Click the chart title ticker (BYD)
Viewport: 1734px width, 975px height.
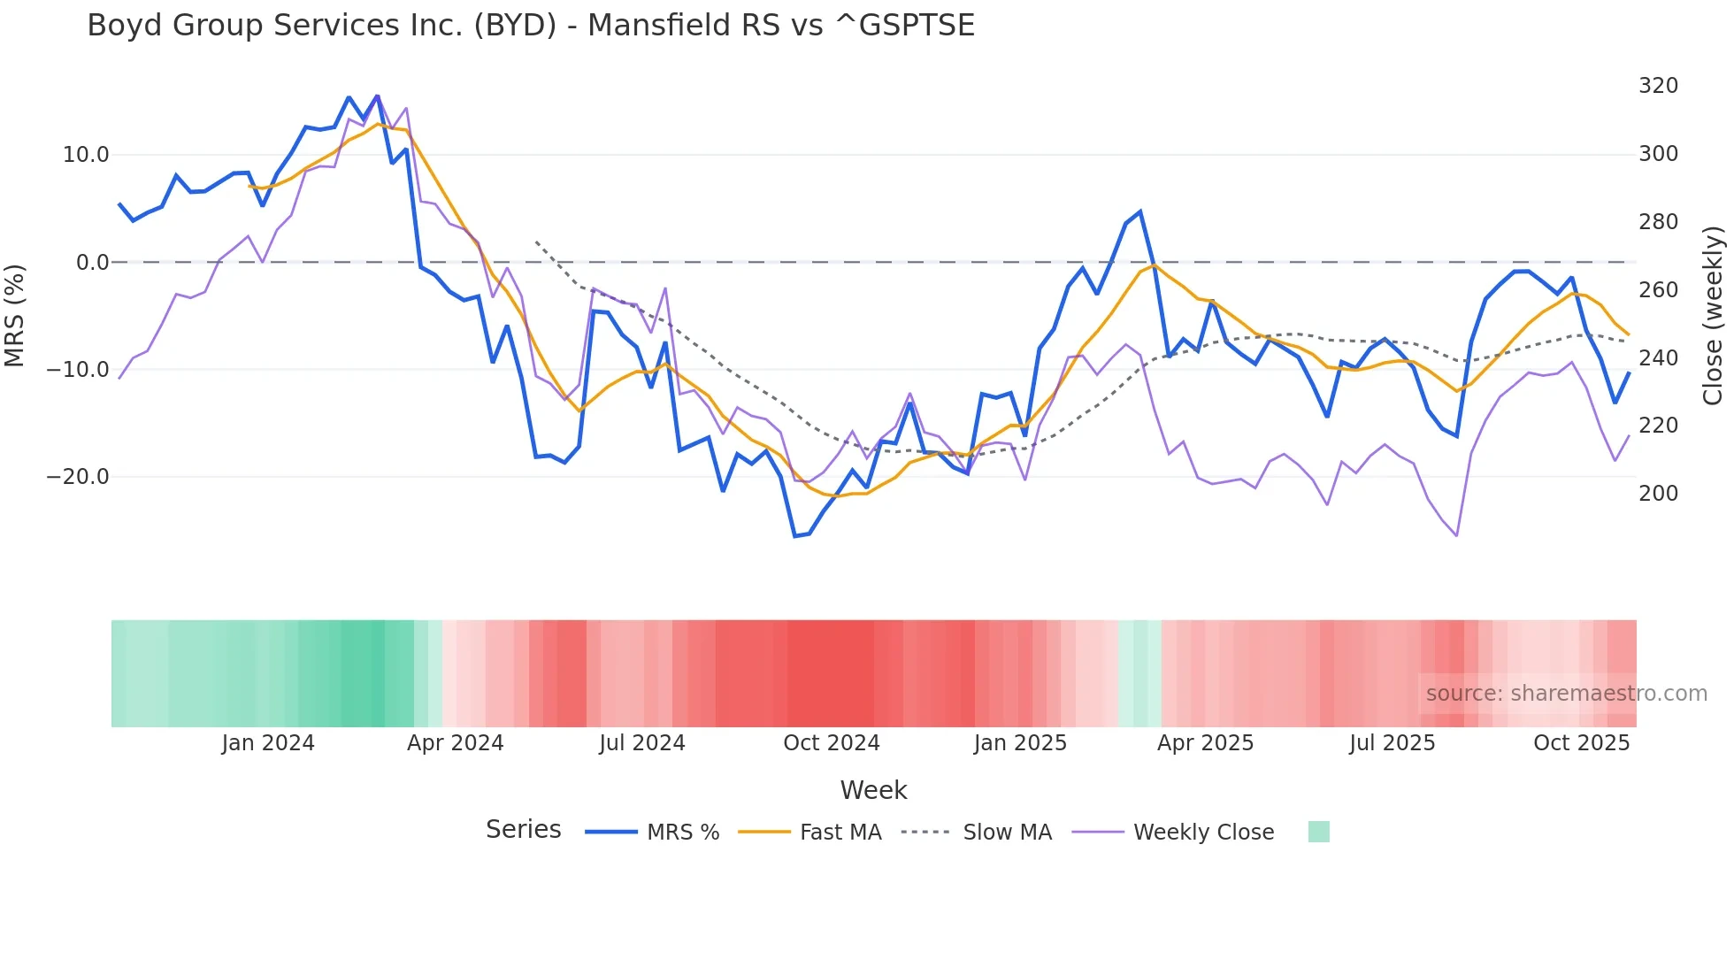[515, 26]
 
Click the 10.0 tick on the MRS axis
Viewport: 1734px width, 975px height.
[86, 155]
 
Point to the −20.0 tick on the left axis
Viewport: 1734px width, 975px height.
[79, 477]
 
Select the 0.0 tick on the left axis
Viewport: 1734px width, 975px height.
[93, 263]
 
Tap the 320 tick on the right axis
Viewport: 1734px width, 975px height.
[1658, 86]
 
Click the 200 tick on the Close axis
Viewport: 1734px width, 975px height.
[1658, 494]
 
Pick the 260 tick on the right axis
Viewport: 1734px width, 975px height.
[1658, 290]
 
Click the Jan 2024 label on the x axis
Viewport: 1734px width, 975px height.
[268, 743]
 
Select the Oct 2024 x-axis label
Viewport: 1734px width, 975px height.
[832, 743]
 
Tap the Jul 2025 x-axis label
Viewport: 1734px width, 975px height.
[1392, 743]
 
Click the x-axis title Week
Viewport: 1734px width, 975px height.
[873, 790]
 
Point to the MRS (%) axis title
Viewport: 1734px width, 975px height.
[15, 315]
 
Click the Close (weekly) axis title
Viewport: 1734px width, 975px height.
[1713, 316]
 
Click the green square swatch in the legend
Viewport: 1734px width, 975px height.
[1318, 832]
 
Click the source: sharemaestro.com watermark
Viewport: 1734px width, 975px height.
[1566, 694]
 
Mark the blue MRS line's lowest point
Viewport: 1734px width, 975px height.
[794, 536]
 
